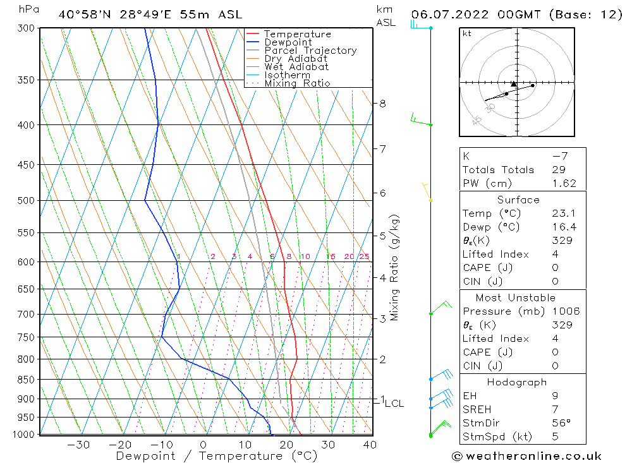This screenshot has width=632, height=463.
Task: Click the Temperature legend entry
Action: [x=297, y=34]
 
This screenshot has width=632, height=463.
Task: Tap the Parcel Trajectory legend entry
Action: [x=310, y=51]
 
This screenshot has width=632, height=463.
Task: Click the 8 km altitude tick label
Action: [x=382, y=104]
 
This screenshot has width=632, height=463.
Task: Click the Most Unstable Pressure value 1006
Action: [x=565, y=311]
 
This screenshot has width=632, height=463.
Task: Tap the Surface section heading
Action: [x=518, y=200]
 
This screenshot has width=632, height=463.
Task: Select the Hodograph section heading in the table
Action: [x=517, y=382]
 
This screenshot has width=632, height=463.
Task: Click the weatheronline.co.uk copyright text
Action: [x=526, y=456]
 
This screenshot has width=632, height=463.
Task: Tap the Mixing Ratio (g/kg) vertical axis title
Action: [x=394, y=267]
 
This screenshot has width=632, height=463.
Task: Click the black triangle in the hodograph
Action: [x=514, y=83]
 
